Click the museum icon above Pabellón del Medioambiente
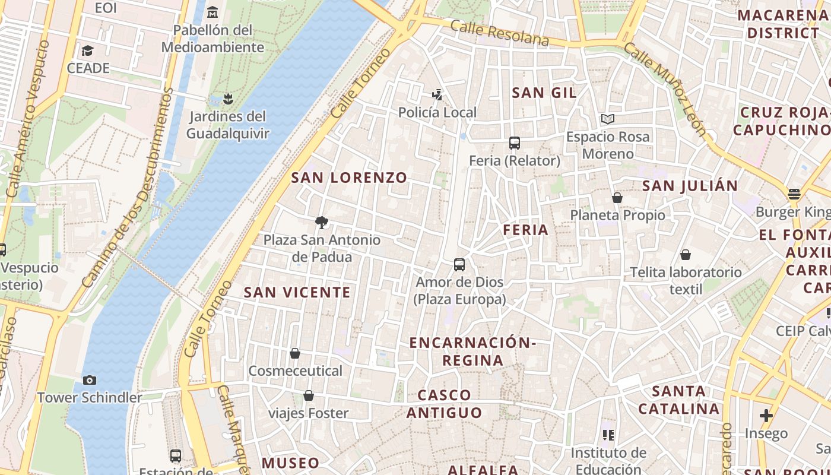coord(212,12)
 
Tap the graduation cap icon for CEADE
coord(88,50)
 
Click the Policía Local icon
coord(437,94)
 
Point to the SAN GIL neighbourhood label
coord(544,93)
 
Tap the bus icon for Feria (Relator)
coord(515,143)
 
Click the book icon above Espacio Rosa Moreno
coord(607,119)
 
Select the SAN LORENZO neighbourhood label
coord(349,178)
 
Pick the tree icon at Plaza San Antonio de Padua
coord(322,223)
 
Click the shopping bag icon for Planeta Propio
coord(617,198)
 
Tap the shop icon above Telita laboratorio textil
coord(686,255)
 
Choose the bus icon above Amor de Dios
coord(459,265)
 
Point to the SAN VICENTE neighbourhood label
coord(297,292)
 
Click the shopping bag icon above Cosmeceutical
coord(295,353)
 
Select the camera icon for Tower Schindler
coord(90,380)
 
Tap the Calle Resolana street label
coord(499,33)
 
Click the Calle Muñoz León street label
coord(665,89)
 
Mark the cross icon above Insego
coord(766,416)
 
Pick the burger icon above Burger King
coord(794,194)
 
